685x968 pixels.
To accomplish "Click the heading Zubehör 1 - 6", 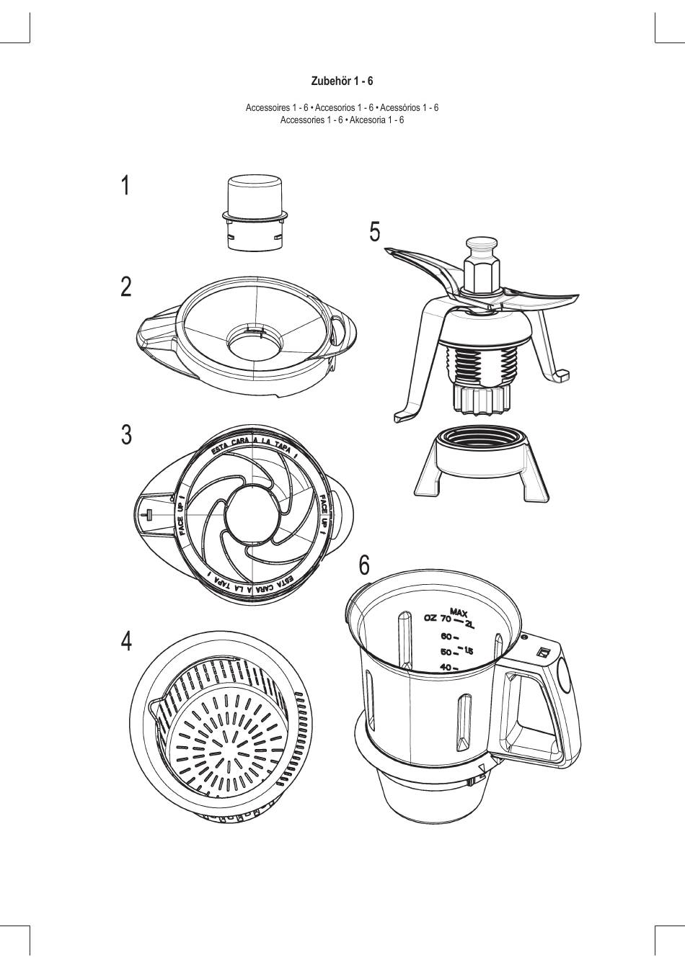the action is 342,81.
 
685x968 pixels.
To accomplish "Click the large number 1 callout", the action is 125,186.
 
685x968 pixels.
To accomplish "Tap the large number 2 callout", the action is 126,287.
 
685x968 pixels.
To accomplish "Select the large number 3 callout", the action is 126,435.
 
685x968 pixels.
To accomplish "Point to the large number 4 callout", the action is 126,640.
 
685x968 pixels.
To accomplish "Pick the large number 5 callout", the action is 374,232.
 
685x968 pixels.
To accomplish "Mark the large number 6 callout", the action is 365,565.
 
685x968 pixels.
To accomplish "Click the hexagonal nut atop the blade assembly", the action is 481,274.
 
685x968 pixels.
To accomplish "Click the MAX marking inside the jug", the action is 459,612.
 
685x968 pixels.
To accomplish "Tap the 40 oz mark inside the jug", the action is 446,667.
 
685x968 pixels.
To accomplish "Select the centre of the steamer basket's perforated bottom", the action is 224,749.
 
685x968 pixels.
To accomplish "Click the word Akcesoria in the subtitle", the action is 367,120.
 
